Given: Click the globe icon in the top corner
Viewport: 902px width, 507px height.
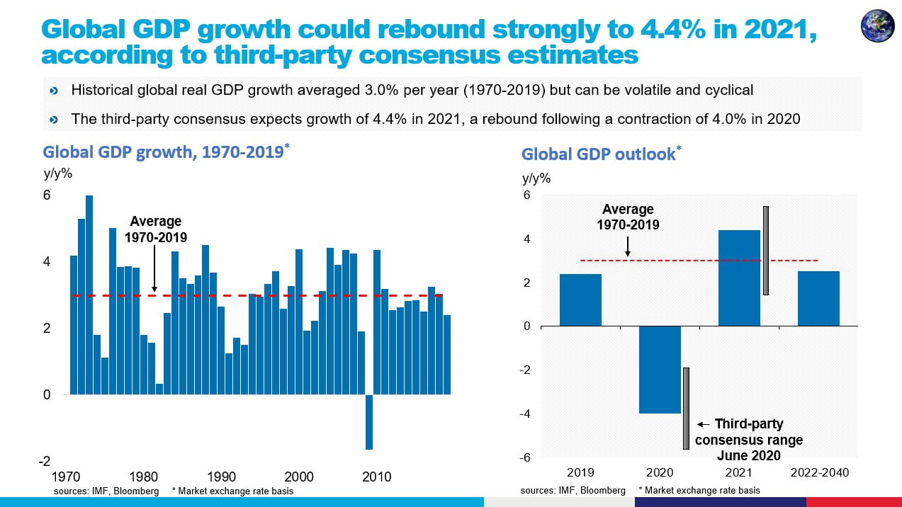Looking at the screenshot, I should click(877, 26).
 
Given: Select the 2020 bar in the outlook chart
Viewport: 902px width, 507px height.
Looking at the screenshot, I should click(660, 370).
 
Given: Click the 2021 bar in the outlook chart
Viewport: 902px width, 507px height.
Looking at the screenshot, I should click(739, 278).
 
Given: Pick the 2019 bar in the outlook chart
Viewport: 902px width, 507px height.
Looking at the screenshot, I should click(580, 300).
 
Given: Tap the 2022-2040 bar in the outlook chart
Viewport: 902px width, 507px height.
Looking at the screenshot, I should click(818, 298).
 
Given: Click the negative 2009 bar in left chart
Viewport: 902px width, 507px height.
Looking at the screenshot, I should click(368, 422).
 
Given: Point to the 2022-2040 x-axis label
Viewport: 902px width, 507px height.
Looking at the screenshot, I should click(818, 472).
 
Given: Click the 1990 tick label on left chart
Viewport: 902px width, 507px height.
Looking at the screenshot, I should click(221, 477).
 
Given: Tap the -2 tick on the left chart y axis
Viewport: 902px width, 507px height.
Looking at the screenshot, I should click(45, 461).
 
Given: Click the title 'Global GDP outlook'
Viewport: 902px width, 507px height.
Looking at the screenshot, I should click(599, 154).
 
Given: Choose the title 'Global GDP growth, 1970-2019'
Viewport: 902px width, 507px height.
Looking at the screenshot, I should click(162, 152).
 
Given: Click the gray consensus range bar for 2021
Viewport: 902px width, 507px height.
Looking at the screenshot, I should click(766, 250).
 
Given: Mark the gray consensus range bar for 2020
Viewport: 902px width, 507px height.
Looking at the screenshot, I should click(686, 408).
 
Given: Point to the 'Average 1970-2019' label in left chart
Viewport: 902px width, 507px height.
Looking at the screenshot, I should click(155, 229).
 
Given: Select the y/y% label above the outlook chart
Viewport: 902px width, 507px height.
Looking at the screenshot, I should click(536, 178).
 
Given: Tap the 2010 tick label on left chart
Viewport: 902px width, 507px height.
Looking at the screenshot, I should click(376, 477).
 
